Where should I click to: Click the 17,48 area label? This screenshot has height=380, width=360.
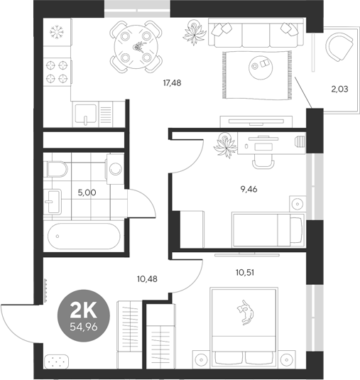coord(172,83)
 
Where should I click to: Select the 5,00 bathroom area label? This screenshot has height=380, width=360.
coord(87,191)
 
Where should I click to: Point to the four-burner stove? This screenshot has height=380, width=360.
coord(57,70)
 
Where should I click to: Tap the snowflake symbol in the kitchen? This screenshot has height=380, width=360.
coord(57,33)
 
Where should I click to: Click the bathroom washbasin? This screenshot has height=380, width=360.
coord(55,204)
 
